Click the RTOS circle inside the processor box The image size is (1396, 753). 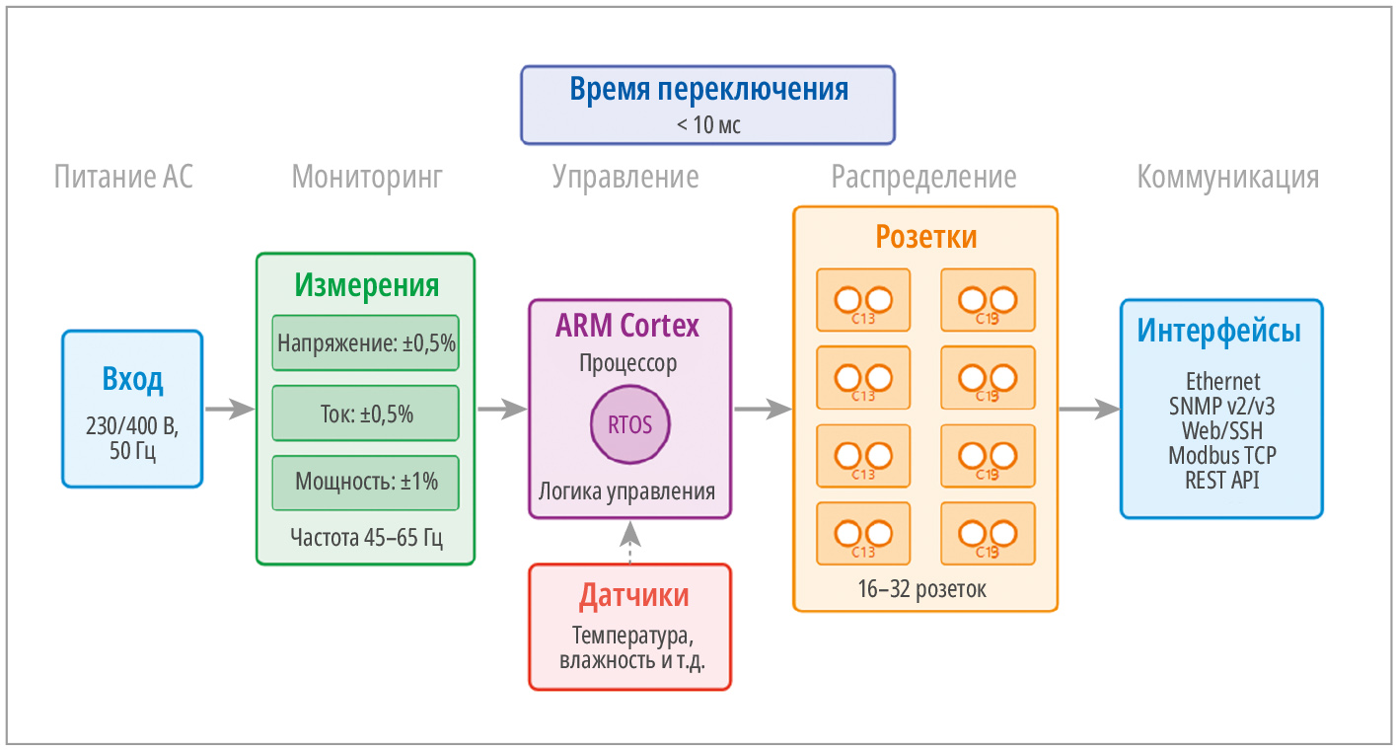[x=629, y=426]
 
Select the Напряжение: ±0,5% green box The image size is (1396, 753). [x=366, y=343]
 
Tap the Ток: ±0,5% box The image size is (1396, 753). [x=366, y=414]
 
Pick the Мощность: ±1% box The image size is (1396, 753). [x=366, y=483]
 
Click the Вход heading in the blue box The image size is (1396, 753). [x=132, y=379]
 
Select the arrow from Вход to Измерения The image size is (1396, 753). [x=229, y=409]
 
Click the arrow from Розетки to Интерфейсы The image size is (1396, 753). [x=1089, y=409]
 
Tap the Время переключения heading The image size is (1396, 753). [x=708, y=89]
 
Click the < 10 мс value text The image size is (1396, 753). [x=708, y=125]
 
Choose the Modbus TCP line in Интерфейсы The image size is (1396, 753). [x=1221, y=456]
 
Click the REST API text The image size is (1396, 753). [x=1221, y=481]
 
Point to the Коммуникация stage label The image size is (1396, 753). [x=1227, y=178]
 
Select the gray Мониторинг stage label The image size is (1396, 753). [x=367, y=178]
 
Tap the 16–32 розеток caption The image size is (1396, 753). [x=922, y=590]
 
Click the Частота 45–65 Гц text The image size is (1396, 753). [x=366, y=538]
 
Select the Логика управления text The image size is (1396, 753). [x=627, y=490]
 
